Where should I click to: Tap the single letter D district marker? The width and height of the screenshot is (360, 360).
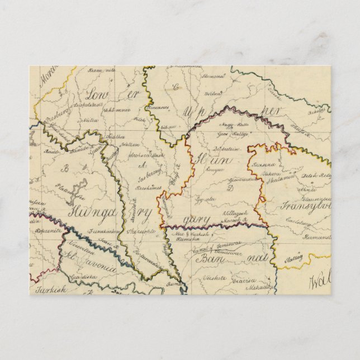pyautogui.click(x=229, y=187)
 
